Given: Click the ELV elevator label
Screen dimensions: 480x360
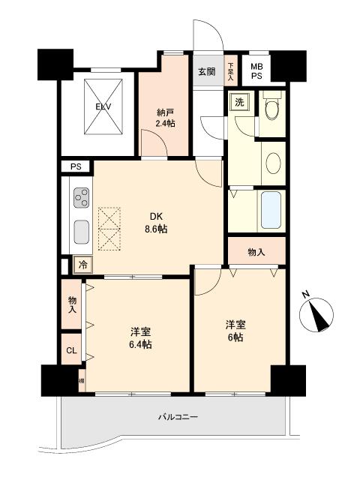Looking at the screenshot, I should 103,106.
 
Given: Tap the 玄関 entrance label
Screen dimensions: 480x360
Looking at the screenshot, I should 206,72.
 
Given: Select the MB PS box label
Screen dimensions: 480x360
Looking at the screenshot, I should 256,70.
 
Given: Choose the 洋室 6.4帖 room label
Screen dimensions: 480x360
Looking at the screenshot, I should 140,337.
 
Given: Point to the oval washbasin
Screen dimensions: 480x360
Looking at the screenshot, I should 274,162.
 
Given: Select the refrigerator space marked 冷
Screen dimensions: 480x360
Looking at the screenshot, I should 82,265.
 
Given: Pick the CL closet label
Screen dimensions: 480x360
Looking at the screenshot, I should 71,349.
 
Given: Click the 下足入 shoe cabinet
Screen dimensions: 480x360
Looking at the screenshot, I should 231,71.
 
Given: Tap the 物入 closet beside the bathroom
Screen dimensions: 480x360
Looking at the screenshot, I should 256,253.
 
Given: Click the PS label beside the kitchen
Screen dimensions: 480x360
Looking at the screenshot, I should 75,166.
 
